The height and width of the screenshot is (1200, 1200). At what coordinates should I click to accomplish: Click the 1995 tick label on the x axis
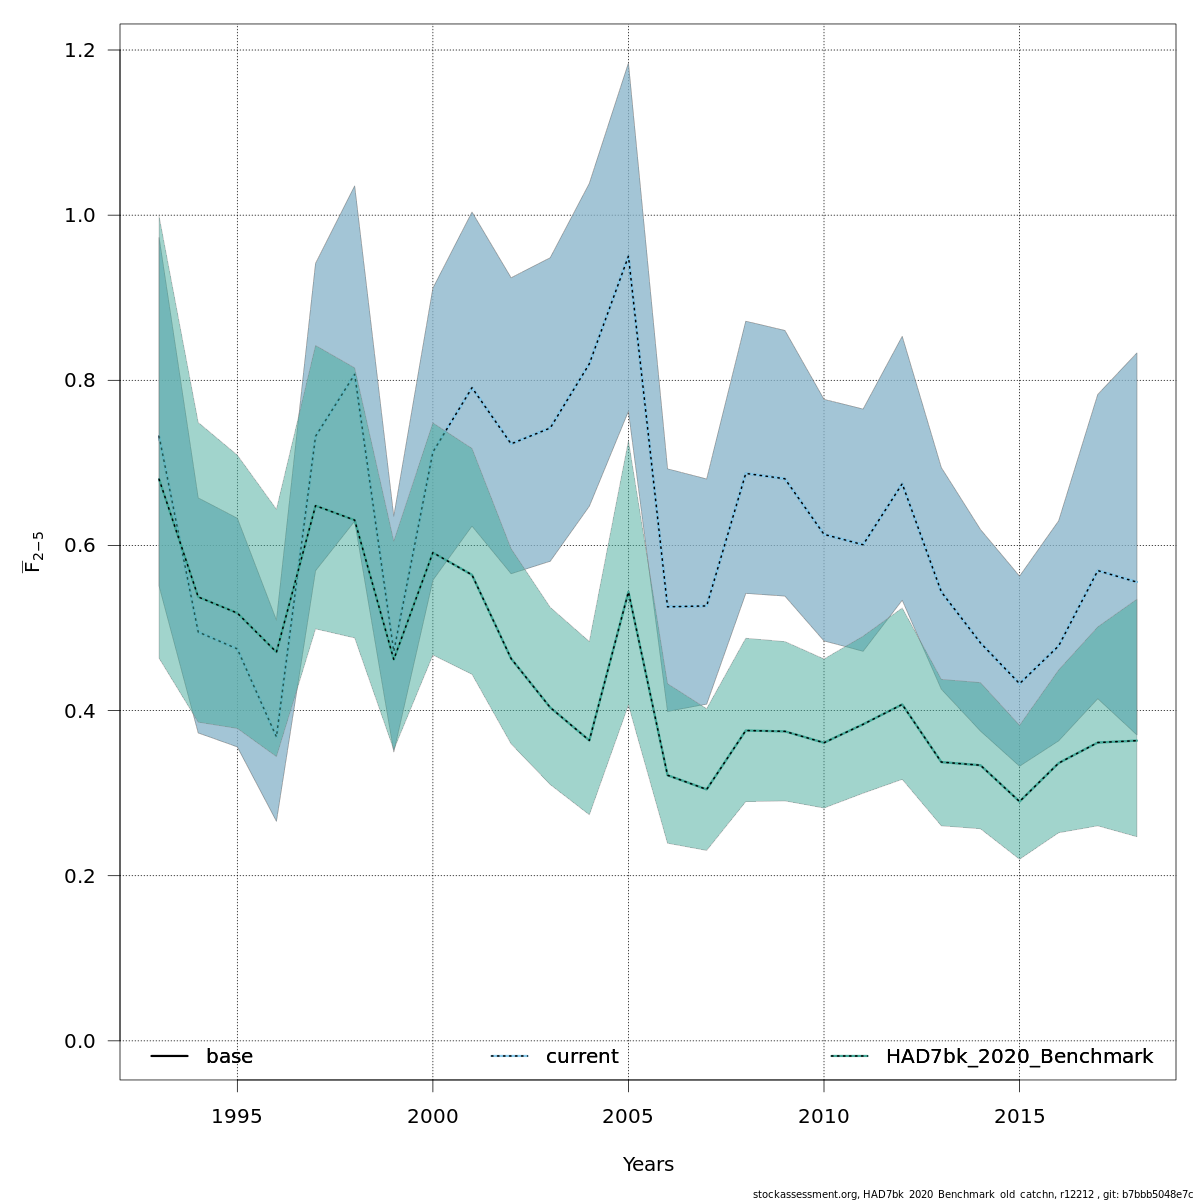[x=237, y=1115]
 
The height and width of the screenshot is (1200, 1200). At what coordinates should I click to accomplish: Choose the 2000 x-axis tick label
[x=433, y=1115]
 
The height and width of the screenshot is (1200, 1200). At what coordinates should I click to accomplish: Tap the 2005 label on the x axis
[x=628, y=1115]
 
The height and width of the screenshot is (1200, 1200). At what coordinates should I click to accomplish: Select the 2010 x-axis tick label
[x=824, y=1115]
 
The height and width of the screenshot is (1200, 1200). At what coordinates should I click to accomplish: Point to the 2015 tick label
[x=1019, y=1115]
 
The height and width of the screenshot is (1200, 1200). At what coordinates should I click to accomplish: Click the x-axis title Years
[x=648, y=1165]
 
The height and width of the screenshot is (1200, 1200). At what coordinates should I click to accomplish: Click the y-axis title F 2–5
[x=33, y=551]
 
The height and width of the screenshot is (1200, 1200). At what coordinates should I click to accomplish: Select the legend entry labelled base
[x=229, y=1057]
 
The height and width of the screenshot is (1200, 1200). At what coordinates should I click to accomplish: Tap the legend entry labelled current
[x=582, y=1057]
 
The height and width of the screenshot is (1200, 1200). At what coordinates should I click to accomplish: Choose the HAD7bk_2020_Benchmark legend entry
[x=1019, y=1057]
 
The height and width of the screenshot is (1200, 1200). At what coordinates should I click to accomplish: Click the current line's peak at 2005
[x=628, y=256]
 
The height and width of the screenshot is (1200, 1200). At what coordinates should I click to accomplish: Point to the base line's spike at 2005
[x=628, y=593]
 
